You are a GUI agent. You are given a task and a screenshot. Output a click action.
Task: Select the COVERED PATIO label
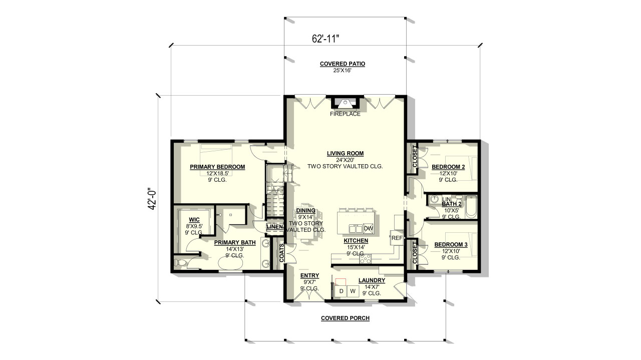tap(343, 64)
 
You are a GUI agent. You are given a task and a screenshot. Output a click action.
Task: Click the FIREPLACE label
tap(345, 114)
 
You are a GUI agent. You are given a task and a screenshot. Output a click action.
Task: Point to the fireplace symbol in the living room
tap(345, 103)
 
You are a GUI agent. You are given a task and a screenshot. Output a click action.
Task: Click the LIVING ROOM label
tap(345, 153)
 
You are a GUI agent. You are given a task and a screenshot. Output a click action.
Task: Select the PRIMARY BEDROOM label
tap(217, 167)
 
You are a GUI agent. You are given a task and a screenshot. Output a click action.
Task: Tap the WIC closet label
tap(195, 220)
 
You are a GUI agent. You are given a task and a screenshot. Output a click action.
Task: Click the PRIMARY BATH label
tap(235, 242)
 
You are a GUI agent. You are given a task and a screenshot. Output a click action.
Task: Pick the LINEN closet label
tap(274, 227)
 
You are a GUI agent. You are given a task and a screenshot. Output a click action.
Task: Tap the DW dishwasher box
tap(368, 228)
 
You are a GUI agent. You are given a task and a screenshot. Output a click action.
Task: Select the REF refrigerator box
tap(397, 238)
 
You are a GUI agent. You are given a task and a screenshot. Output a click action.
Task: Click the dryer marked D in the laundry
tap(342, 291)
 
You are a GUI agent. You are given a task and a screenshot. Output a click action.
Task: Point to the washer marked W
tap(353, 291)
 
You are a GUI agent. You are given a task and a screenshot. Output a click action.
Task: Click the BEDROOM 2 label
tap(449, 167)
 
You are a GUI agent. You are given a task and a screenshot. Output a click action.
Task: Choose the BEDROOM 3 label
tap(451, 244)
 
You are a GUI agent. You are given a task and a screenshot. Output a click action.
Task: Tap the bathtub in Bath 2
tap(471, 207)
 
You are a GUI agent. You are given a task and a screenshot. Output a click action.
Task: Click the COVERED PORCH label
tap(345, 318)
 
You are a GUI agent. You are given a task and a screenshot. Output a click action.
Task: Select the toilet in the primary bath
tap(180, 262)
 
